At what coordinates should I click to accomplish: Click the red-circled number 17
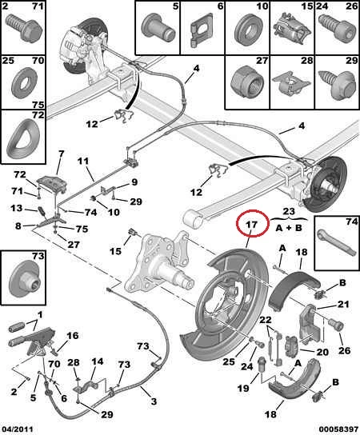(x=252, y=224)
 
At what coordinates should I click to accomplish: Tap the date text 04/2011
(x=17, y=429)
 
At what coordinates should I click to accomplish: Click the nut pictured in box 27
(x=246, y=81)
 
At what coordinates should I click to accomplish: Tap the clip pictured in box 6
(x=202, y=29)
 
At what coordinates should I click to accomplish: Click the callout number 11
(x=82, y=162)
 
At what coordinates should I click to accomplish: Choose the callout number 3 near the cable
(x=154, y=401)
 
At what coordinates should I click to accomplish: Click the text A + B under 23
(x=289, y=228)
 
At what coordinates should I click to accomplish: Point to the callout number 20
(x=322, y=352)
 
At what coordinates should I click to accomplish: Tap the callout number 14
(x=98, y=361)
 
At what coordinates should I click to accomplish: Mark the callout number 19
(x=243, y=389)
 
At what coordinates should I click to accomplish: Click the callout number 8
(x=18, y=225)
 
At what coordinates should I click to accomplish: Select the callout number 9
(x=134, y=182)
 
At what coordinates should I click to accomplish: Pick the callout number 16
(x=73, y=336)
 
